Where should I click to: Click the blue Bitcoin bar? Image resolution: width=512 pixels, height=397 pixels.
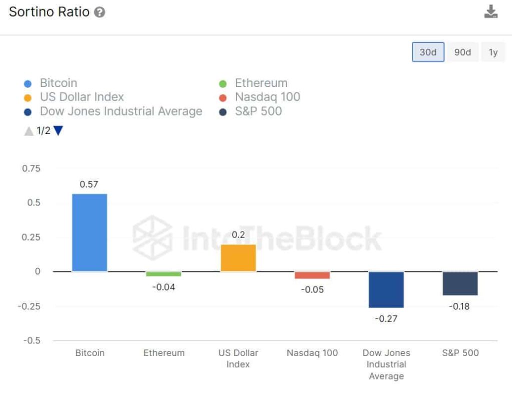89,232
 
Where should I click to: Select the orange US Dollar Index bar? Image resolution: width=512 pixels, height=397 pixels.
238,258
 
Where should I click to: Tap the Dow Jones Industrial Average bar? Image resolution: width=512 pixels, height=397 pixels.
386,289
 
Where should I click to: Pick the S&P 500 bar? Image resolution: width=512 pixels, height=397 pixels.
460,283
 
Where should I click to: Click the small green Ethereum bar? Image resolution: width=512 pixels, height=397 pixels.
163,274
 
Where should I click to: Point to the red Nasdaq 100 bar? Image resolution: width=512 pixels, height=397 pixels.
312,275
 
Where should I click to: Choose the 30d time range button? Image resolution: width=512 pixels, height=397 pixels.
428,52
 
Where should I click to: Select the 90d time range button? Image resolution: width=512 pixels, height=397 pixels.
462,52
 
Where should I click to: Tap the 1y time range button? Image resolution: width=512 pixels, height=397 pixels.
493,52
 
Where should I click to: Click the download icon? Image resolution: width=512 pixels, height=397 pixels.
491,12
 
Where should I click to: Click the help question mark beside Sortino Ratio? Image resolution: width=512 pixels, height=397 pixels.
99,12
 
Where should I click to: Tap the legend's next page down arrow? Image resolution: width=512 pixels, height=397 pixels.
58,131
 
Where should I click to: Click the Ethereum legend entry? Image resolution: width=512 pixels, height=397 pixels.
261,83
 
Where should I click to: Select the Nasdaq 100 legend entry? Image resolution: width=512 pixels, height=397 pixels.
267,97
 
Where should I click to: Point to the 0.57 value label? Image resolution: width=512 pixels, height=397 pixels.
89,184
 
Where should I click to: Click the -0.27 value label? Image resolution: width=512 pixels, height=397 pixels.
385,318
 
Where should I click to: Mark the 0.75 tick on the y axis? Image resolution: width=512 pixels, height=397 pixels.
31,168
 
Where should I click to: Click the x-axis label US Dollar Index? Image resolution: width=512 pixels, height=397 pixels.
238,358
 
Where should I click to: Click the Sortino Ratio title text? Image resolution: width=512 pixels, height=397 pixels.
49,12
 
